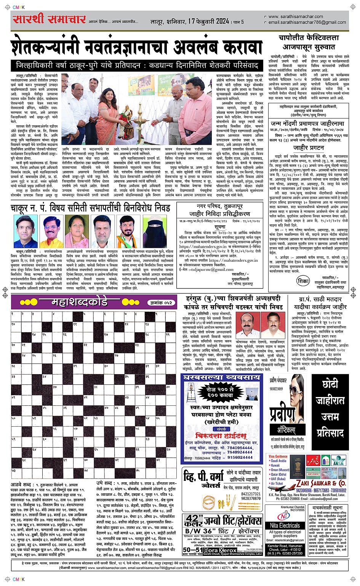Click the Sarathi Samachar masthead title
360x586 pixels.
(49, 19)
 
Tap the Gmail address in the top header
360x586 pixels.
(307, 22)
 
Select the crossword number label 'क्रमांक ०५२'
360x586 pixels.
(160, 303)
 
